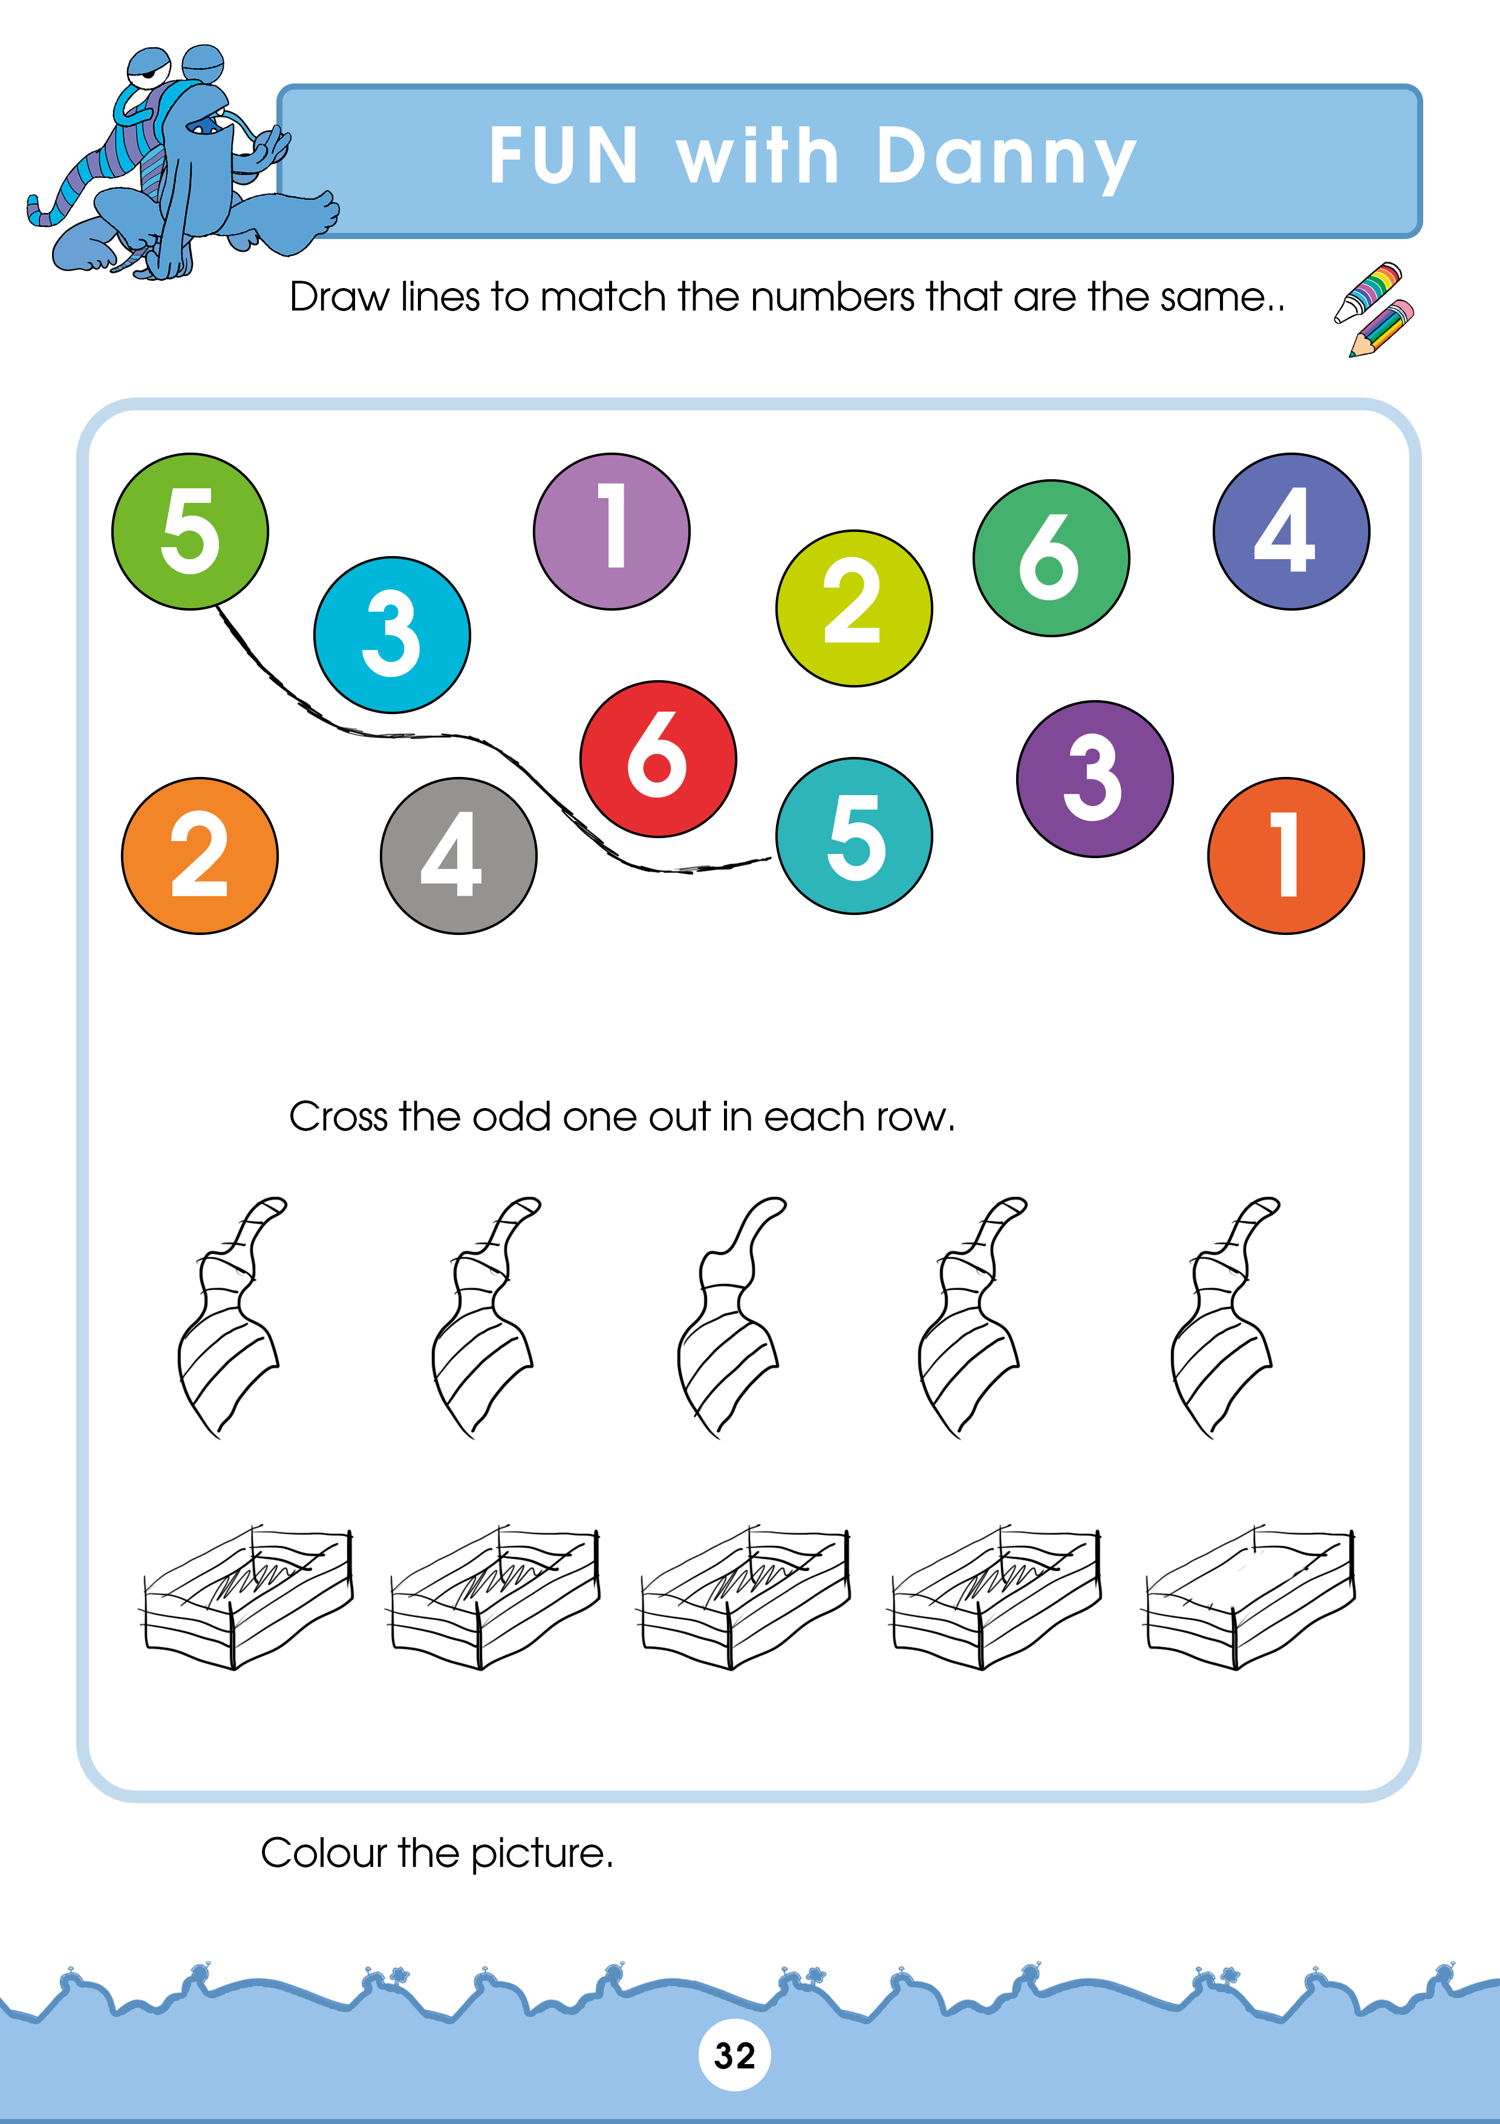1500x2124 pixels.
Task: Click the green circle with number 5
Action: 191,531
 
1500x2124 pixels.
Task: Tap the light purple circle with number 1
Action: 611,531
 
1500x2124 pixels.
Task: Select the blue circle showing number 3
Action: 392,635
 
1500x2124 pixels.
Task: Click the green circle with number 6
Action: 1051,558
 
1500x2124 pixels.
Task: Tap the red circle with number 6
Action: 659,759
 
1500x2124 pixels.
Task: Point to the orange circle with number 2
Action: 200,856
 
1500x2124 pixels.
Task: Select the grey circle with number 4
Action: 458,856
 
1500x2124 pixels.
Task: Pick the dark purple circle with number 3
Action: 1095,779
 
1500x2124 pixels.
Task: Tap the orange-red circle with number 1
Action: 1285,856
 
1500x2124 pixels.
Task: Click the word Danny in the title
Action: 1006,158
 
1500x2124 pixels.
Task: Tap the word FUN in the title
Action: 563,156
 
